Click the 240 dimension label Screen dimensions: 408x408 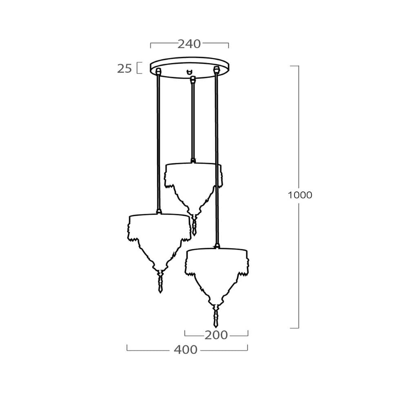[x=189, y=44]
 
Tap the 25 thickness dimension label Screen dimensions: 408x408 [x=124, y=69]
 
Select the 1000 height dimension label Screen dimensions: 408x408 [x=300, y=195]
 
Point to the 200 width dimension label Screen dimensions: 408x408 [x=216, y=335]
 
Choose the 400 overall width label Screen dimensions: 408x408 [x=186, y=350]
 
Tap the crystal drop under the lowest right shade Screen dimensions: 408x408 [x=216, y=316]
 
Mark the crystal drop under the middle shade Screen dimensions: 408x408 [x=194, y=225]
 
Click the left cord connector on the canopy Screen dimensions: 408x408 [x=157, y=71]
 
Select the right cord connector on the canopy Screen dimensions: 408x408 [x=216, y=70]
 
